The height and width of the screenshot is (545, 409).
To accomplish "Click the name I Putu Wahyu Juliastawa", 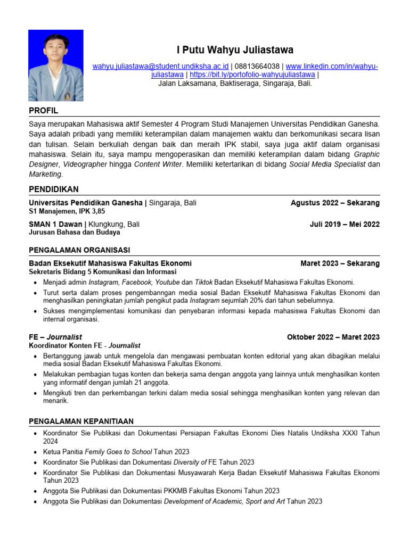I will [235, 50].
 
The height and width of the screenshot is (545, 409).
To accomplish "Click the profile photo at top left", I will [56, 65].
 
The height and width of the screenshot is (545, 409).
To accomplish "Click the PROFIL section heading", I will [43, 111].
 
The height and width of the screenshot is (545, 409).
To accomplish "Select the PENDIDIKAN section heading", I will [54, 189].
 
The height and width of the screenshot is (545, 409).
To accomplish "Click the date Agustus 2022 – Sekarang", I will [335, 203].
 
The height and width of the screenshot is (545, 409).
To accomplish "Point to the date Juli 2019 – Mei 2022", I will [345, 224].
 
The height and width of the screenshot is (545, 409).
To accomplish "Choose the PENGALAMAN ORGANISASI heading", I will [79, 250].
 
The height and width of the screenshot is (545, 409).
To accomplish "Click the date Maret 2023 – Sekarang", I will [340, 263].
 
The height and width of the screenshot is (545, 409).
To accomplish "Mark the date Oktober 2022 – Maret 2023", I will [333, 337].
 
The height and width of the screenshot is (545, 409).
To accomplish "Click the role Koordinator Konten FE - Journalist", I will [85, 345].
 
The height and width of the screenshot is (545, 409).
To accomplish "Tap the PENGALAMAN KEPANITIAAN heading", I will [81, 421].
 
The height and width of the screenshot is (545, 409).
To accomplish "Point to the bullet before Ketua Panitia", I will [35, 452].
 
